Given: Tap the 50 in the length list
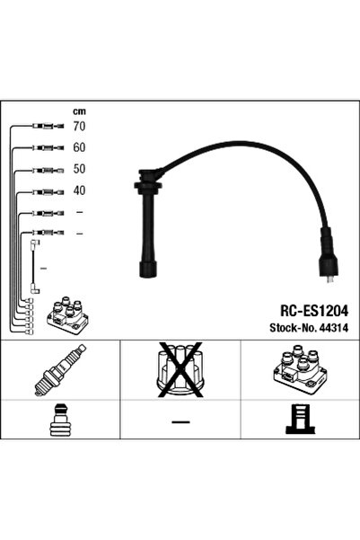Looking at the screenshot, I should pyautogui.click(x=80, y=168).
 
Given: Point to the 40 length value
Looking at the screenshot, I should pyautogui.click(x=80, y=190).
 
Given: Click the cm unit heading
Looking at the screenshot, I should pyautogui.click(x=79, y=111).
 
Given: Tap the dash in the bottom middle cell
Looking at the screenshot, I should pyautogui.click(x=180, y=421).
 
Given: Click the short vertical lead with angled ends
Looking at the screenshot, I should pyautogui.click(x=35, y=265).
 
